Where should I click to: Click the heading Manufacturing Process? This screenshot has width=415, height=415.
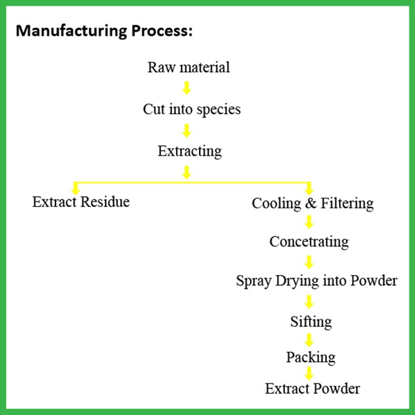click(x=104, y=31)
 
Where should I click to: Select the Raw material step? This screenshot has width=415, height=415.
click(x=188, y=67)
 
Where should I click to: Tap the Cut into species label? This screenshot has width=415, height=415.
click(x=192, y=109)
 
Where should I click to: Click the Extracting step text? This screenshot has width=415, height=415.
click(x=189, y=151)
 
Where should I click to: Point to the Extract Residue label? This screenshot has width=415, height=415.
click(x=81, y=201)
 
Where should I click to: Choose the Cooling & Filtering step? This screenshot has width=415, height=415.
click(x=312, y=203)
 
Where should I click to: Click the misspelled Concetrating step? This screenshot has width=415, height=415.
click(x=309, y=241)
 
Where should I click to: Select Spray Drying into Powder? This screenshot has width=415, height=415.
click(x=316, y=281)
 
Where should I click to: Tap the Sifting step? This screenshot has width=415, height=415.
click(x=311, y=322)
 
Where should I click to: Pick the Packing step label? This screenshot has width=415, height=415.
click(x=310, y=357)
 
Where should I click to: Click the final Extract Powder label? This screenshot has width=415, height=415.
click(x=312, y=388)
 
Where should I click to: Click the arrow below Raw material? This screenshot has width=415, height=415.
click(x=187, y=88)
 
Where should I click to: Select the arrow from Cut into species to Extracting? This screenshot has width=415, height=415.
click(x=187, y=130)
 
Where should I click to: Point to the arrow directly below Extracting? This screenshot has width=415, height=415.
click(x=187, y=172)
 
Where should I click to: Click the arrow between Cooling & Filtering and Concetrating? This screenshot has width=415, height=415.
click(x=309, y=222)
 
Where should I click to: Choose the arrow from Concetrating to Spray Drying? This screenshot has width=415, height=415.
click(x=309, y=261)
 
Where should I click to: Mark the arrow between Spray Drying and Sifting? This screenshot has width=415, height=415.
click(x=309, y=301)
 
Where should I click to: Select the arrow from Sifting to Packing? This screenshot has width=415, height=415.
click(x=309, y=340)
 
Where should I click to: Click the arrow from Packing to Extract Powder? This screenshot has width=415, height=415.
click(x=309, y=373)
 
